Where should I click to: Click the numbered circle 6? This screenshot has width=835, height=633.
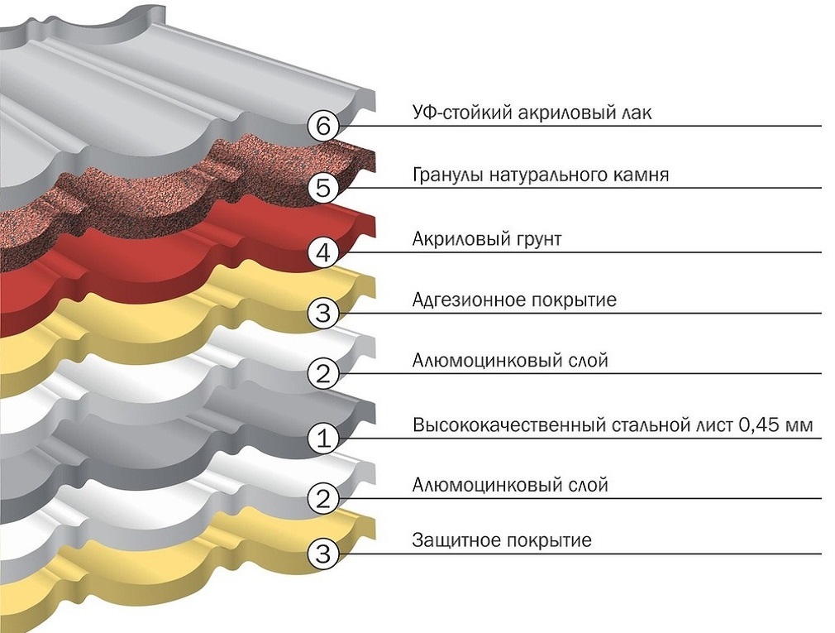click(x=323, y=127)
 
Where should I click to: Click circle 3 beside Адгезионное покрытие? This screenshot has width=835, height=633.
click(x=323, y=314)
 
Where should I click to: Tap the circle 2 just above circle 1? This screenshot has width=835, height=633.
click(x=323, y=374)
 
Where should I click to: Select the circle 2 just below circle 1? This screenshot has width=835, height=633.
click(x=323, y=499)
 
